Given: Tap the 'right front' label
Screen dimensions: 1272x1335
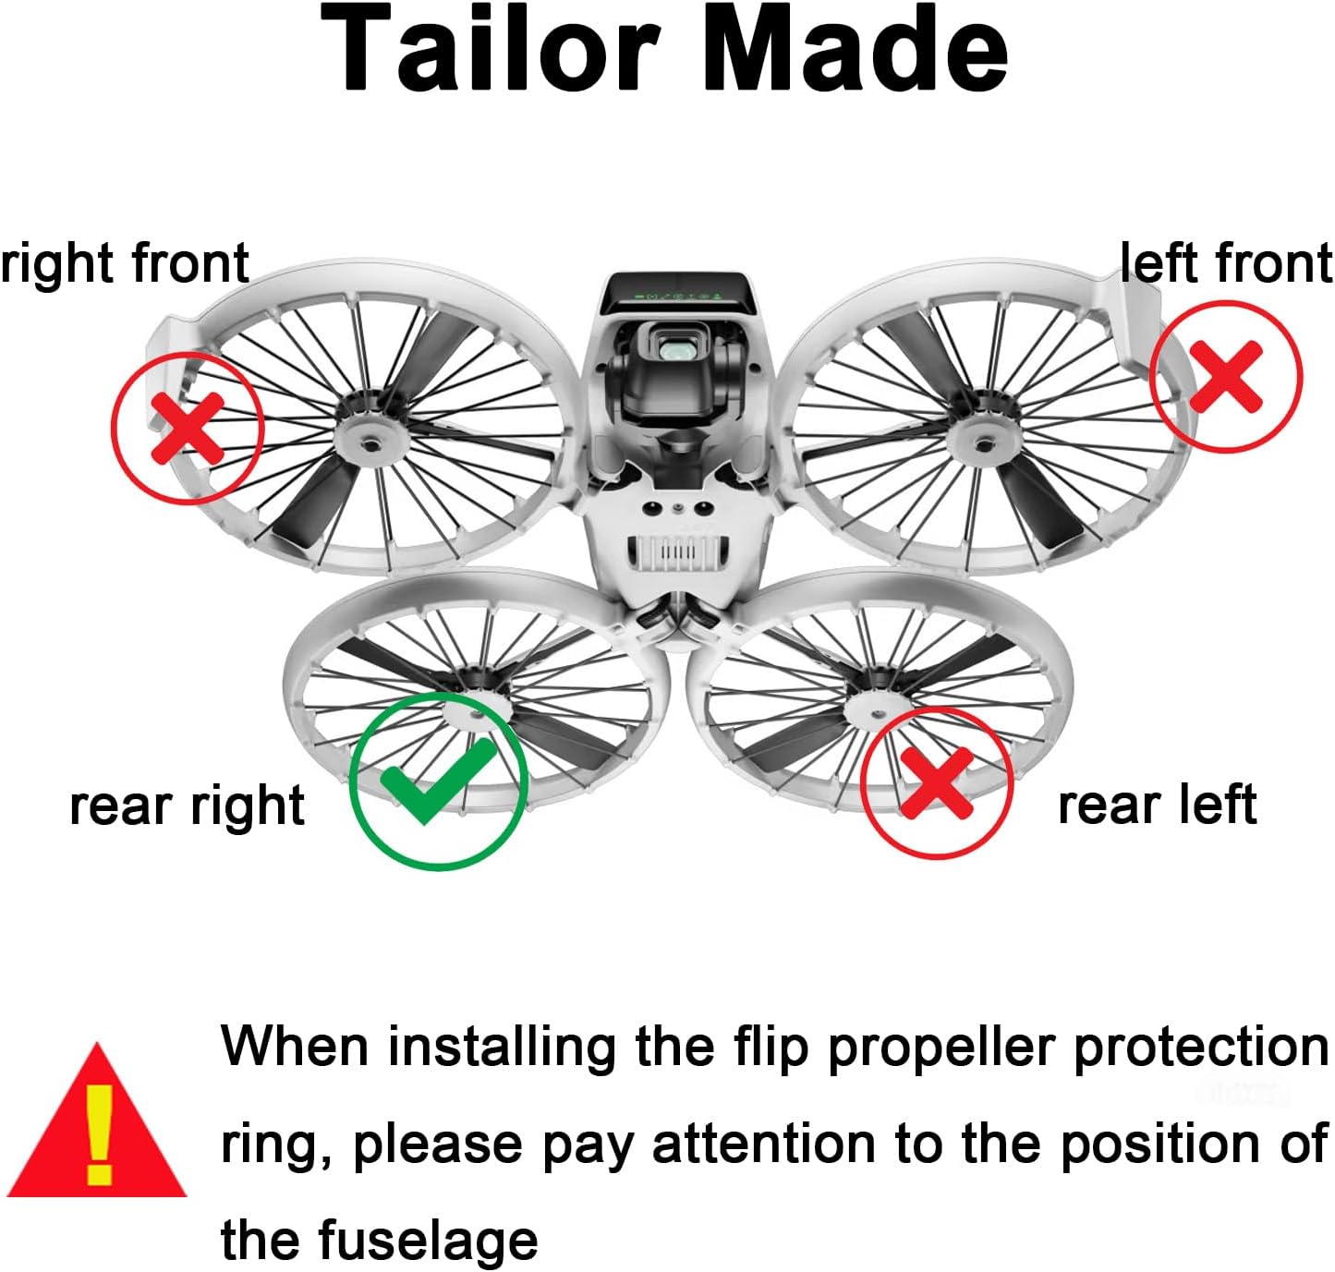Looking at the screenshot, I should (125, 263).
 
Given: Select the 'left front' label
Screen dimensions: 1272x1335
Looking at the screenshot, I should (1226, 263).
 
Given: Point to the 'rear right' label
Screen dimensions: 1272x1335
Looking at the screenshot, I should (187, 806).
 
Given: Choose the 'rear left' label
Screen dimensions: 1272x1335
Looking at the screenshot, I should (1157, 805).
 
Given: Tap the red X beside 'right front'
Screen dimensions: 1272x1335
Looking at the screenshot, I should (188, 427).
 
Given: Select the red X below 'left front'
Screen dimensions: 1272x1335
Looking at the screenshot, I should (1225, 376).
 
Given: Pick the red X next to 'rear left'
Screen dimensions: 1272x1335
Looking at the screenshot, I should (937, 782).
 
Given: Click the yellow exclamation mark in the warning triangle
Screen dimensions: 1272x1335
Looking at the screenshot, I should (99, 1134).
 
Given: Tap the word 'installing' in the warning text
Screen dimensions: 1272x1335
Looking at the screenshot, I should (502, 1048).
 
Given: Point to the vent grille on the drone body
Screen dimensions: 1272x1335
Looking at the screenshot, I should (676, 551).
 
